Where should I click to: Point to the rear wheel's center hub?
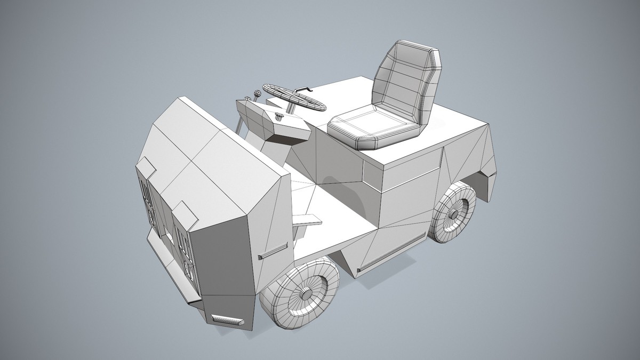[454, 214]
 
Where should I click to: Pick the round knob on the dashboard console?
[278, 117]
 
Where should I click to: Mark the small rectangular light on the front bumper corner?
[227, 319]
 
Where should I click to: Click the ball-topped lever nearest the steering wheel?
[258, 94]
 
